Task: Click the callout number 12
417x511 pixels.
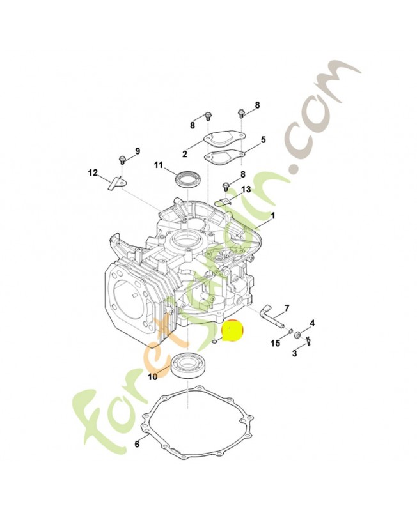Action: pyautogui.click(x=93, y=172)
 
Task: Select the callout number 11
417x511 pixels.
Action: pyautogui.click(x=159, y=165)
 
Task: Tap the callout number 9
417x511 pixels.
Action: pyautogui.click(x=138, y=151)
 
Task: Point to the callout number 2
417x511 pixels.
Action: pyautogui.click(x=185, y=154)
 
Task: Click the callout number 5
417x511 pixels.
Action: pyautogui.click(x=263, y=140)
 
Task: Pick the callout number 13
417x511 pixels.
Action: pyautogui.click(x=246, y=189)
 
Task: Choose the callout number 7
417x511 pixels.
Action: pyautogui.click(x=287, y=308)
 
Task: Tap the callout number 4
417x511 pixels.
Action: pyautogui.click(x=312, y=323)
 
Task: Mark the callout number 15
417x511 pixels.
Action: pyautogui.click(x=276, y=343)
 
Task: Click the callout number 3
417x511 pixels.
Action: pyautogui.click(x=294, y=353)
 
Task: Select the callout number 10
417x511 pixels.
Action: pyautogui.click(x=152, y=377)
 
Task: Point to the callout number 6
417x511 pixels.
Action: pyautogui.click(x=137, y=444)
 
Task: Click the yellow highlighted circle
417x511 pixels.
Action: pyautogui.click(x=233, y=331)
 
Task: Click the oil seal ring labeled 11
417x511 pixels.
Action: pyautogui.click(x=185, y=179)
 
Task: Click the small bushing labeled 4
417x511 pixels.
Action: pyautogui.click(x=297, y=335)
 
